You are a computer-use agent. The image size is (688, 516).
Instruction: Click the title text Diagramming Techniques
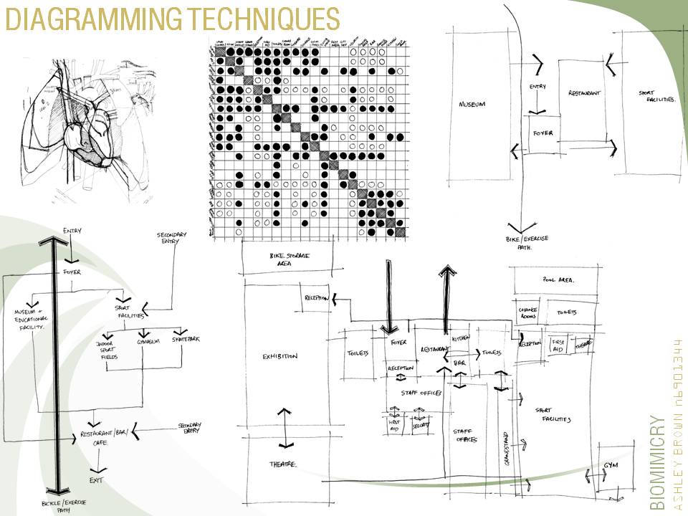pos(172,19)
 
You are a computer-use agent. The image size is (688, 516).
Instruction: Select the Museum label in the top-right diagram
pos(472,105)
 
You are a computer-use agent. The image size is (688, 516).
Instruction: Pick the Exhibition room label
pos(279,356)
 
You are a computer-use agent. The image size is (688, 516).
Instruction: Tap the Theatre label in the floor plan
pos(283,464)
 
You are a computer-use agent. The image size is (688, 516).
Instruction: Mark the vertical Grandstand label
pos(507,449)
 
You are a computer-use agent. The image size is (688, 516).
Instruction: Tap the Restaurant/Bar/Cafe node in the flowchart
pos(109,437)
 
